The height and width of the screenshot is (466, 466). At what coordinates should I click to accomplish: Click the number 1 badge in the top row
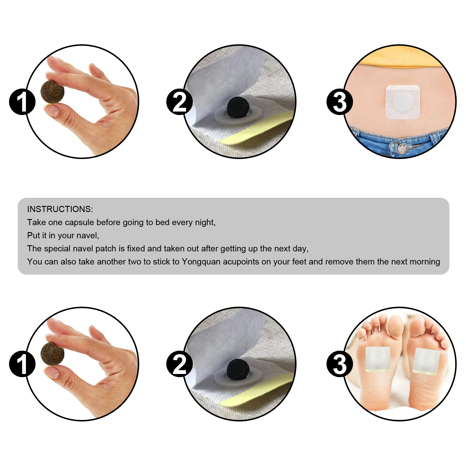22,102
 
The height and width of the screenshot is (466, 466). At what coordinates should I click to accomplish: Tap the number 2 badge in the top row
179,102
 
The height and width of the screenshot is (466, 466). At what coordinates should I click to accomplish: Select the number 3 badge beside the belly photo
340,102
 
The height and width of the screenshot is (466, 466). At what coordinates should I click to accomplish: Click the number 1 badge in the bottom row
22,364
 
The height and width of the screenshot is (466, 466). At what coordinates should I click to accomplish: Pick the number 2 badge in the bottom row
179,364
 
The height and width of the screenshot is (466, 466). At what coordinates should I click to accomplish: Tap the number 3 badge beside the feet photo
340,364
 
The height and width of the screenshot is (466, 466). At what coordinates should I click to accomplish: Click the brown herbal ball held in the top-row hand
52,92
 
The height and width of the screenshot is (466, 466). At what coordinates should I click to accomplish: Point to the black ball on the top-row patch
238,107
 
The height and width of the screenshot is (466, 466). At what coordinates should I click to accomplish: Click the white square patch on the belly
403,102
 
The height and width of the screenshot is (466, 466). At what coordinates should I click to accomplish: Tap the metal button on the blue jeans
403,148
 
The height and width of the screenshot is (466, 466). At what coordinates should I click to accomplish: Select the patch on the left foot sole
378,359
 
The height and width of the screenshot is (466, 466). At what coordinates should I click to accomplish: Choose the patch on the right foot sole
426,361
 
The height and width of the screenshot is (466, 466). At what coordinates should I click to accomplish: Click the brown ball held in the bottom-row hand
52,354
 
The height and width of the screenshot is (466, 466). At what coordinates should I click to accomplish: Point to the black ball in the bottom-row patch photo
238,370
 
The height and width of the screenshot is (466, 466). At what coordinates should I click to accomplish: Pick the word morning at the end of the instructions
424,262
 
